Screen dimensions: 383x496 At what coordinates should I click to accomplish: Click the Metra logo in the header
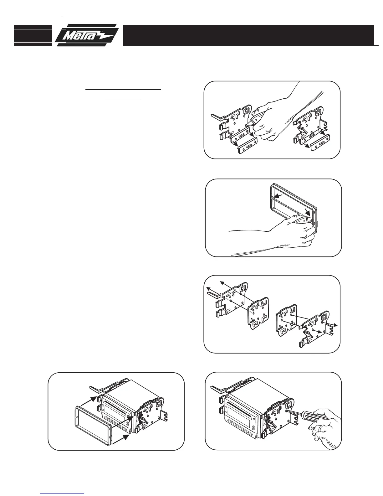tap(87, 35)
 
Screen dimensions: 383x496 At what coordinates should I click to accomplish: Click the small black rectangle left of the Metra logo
tap(33, 35)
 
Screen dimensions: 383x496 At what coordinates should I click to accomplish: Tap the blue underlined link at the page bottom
tap(62, 493)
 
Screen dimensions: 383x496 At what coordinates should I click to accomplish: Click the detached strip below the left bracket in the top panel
tap(248, 146)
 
